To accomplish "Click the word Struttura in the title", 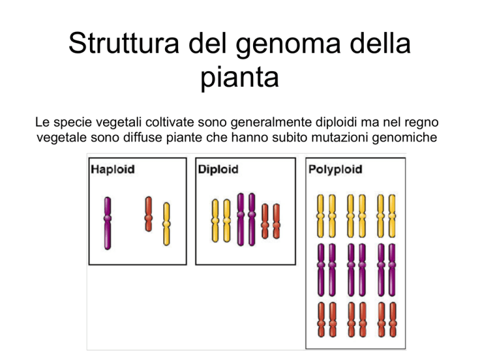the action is tap(124, 43).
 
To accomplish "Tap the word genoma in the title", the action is tap(288, 46).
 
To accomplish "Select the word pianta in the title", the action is tap(240, 78).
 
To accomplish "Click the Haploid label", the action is tap(112, 169).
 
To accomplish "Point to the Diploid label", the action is tap(218, 169).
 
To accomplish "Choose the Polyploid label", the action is tap(335, 170).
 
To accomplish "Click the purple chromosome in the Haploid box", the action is tap(107, 223).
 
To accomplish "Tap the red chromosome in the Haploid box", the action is tap(149, 214).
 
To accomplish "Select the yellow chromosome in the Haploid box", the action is tap(166, 224).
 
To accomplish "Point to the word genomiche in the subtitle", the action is tap(404, 137).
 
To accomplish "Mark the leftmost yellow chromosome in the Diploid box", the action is tap(216, 221).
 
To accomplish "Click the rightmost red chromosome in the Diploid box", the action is tap(276, 221).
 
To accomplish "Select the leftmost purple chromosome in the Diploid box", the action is tap(241, 219).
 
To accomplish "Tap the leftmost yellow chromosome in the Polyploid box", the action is tap(321, 216).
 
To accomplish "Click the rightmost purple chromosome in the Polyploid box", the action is tap(392, 270).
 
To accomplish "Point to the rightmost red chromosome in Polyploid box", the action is tap(393, 319).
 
